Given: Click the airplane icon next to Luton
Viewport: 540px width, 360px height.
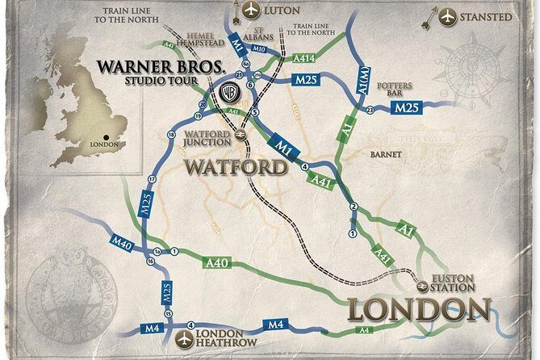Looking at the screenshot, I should [250, 11].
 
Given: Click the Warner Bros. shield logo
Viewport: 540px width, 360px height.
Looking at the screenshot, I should [230, 93].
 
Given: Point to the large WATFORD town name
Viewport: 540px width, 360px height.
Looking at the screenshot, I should [236, 168].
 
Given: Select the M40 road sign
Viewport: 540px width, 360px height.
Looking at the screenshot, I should [122, 241].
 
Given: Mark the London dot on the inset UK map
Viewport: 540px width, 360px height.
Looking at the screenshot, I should [107, 136].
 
